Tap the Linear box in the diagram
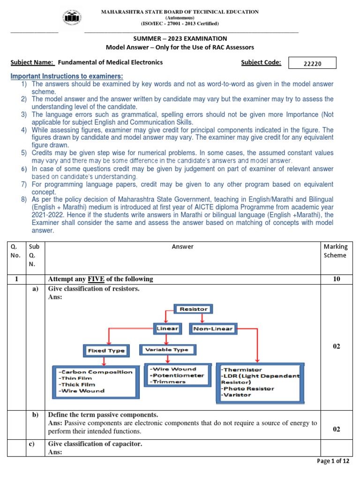(166, 329)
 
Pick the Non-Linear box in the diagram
(212, 329)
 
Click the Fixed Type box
(106, 350)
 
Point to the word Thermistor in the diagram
(242, 370)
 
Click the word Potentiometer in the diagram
(177, 375)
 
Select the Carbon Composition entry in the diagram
(96, 372)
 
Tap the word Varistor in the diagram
(237, 395)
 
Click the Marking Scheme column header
(335, 251)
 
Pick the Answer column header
(182, 247)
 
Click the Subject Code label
(261, 62)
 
